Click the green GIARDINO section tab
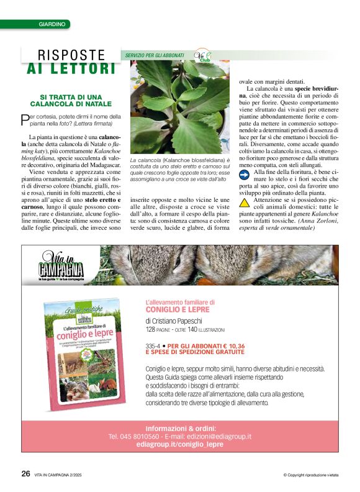coord(52,24)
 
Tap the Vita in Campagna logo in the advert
coord(61,265)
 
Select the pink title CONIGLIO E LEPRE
coord(178,309)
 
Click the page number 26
coord(25,473)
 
